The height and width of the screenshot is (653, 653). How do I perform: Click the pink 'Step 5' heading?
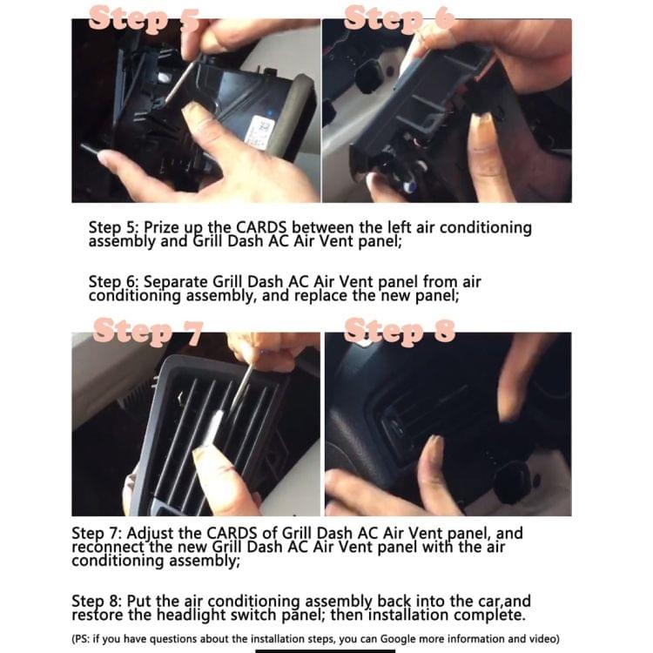pos(144,18)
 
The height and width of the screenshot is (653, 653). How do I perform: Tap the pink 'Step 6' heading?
pos(400,18)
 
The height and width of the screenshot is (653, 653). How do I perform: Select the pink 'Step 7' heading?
pos(148,332)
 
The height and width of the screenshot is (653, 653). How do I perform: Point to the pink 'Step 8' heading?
pos(400,331)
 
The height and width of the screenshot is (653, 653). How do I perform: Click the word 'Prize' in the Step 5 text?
pos(161,228)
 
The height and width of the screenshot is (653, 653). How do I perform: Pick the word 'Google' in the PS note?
pos(398,639)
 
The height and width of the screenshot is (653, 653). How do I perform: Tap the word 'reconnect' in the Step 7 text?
pos(108,547)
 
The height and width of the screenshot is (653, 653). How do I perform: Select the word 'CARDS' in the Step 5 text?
pos(261,227)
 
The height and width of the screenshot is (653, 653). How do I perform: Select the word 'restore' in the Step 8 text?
pos(98,615)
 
